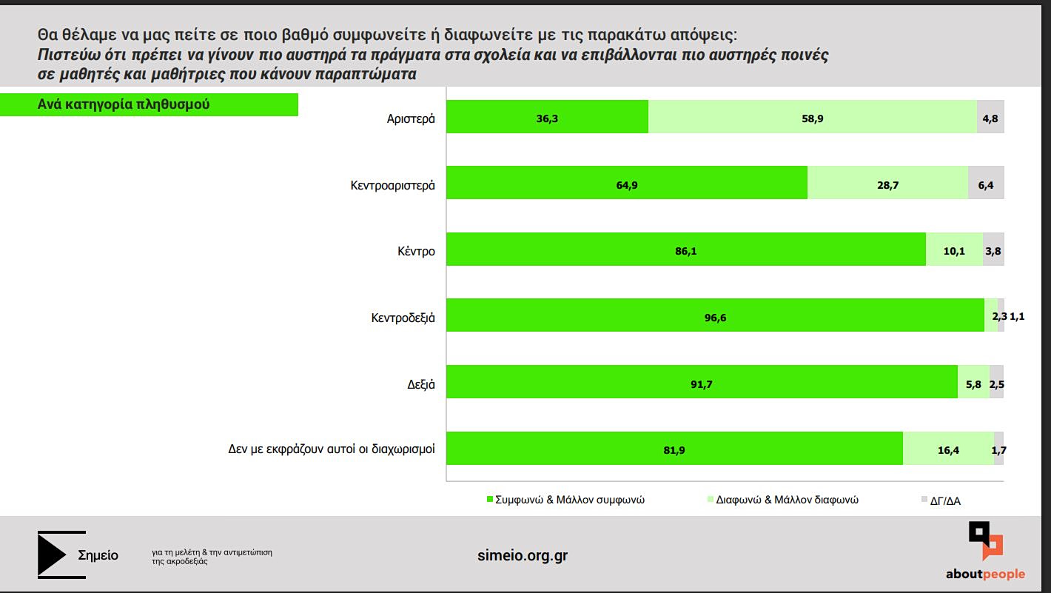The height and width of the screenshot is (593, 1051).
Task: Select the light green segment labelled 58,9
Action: tap(813, 117)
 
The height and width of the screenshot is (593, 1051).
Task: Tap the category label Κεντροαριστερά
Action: tap(392, 184)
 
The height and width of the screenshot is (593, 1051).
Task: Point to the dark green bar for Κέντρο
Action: tap(685, 249)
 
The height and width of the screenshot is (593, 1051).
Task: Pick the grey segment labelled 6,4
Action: tap(986, 184)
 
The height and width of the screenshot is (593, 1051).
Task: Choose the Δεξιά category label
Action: tap(420, 384)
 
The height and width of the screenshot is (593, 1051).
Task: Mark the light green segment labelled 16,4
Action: tap(948, 449)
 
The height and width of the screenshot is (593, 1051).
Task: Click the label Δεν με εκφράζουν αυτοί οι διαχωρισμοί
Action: tap(331, 449)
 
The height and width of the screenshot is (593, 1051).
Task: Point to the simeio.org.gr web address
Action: tap(523, 555)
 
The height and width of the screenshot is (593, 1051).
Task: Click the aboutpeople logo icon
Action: tap(985, 541)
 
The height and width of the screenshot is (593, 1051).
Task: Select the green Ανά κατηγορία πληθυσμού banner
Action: tap(148, 104)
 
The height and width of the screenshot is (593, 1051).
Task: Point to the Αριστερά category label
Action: tap(411, 118)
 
